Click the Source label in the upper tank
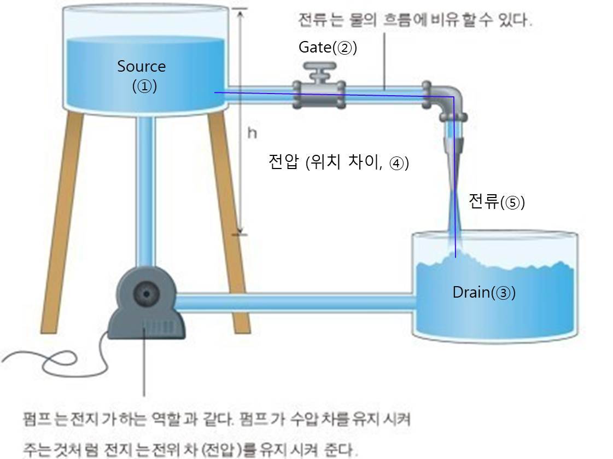click(x=141, y=67)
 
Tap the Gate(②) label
click(x=327, y=48)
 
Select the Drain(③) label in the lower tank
click(x=483, y=293)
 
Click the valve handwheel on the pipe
click(x=320, y=69)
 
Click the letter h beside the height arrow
click(x=252, y=132)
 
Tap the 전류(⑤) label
click(x=496, y=202)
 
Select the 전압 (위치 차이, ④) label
click(x=338, y=162)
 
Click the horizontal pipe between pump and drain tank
click(x=295, y=303)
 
